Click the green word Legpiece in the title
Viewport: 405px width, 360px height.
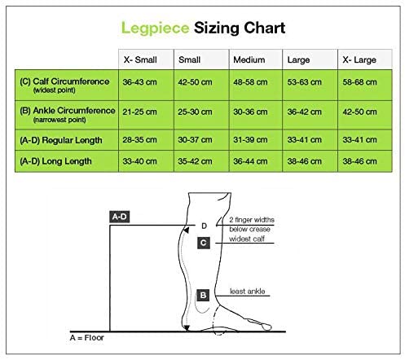[x=155, y=29]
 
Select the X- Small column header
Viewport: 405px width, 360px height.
[x=140, y=59]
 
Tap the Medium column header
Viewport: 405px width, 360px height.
[x=249, y=59]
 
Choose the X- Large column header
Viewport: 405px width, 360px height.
[x=359, y=59]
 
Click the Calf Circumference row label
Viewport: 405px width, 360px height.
[x=64, y=85]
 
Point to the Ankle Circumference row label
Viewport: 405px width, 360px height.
[x=68, y=114]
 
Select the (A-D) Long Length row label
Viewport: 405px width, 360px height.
[x=55, y=161]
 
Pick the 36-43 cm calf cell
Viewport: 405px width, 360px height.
[x=139, y=82]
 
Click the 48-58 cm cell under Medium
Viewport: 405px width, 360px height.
[x=250, y=82]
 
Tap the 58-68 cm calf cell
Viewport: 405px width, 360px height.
[x=359, y=82]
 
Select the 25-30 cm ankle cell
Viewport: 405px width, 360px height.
[x=195, y=112]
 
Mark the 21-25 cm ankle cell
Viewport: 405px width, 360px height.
[x=139, y=112]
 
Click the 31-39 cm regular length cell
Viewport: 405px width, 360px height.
[x=250, y=140]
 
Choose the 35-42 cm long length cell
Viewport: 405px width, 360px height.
[x=195, y=161]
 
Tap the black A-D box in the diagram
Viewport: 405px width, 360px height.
[x=120, y=217]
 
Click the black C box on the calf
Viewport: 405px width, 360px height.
[x=204, y=243]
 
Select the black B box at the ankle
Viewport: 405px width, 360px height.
[x=203, y=296]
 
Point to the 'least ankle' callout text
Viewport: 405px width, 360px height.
[x=247, y=292]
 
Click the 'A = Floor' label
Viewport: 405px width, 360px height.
[x=87, y=338]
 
